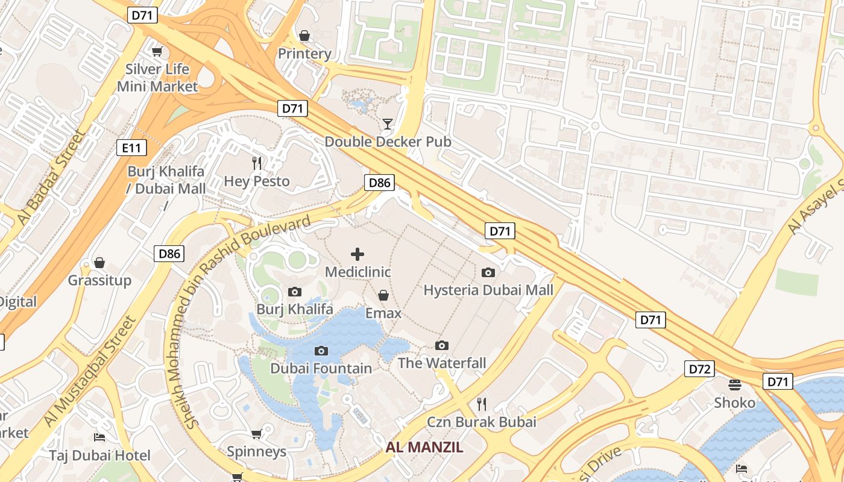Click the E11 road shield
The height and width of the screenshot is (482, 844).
(x=131, y=146)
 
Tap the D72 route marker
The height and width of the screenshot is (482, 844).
(x=699, y=369)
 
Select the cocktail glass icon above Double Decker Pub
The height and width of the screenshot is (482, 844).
(x=388, y=124)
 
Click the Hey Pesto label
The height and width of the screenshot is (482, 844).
(x=257, y=181)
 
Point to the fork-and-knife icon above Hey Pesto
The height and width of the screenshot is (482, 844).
(x=257, y=163)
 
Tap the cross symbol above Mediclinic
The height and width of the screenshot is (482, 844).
(x=357, y=254)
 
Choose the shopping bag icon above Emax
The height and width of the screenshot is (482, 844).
(x=383, y=295)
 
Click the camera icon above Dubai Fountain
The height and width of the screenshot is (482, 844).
(x=321, y=351)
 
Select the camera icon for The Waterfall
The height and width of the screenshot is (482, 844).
(x=442, y=345)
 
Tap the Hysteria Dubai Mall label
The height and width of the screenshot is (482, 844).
(x=488, y=290)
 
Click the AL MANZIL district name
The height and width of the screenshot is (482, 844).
(x=424, y=447)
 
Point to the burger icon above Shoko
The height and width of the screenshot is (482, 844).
(x=734, y=384)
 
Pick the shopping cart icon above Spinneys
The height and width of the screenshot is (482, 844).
(x=256, y=434)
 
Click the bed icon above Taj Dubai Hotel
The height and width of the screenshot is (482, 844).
(x=99, y=437)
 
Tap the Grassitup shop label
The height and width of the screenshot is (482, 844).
(x=99, y=280)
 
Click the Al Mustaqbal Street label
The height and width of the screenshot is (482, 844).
(x=90, y=372)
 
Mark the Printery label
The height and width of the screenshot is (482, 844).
(x=304, y=54)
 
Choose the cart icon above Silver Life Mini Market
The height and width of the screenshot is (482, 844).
(x=157, y=52)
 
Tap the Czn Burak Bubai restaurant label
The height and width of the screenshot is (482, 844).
(x=481, y=422)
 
